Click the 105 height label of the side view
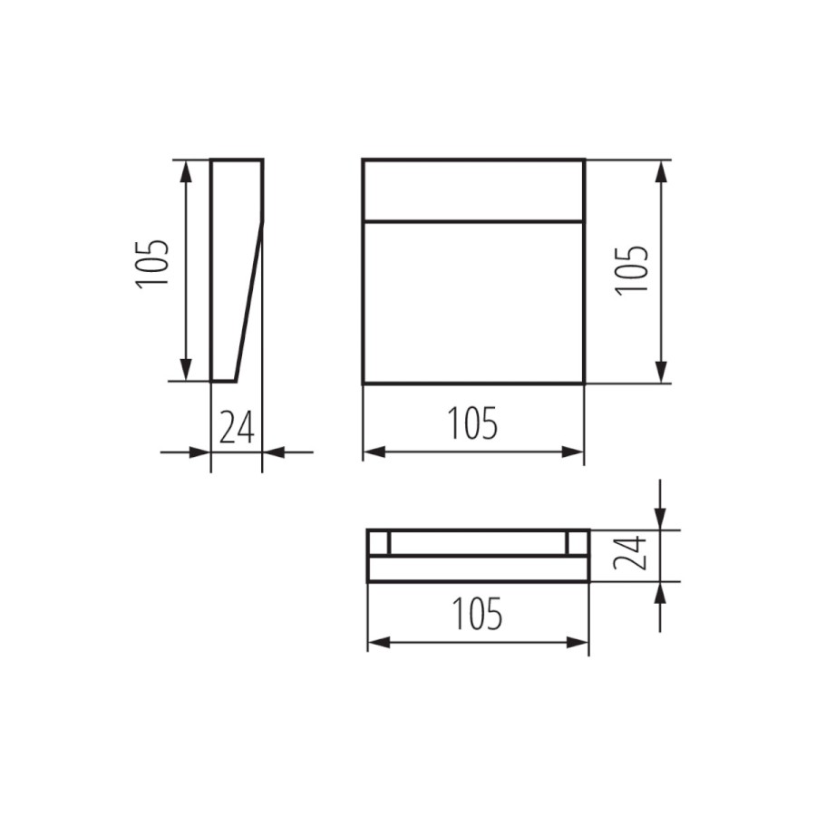tap(152, 262)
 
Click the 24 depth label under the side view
tap(237, 427)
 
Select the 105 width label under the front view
tap(473, 423)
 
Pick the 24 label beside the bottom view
tap(630, 554)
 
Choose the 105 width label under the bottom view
tap(478, 614)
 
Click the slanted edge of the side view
tap(249, 301)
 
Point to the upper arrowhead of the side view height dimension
tap(185, 171)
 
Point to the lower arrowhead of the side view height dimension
tap(185, 369)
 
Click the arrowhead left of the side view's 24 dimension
tap(199, 452)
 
